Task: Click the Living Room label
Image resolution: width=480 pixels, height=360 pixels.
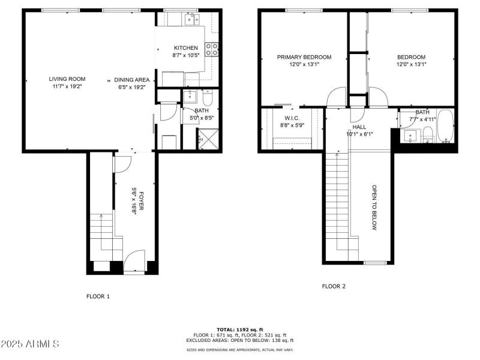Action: click(67, 79)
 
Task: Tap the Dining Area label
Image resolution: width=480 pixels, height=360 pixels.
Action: click(132, 79)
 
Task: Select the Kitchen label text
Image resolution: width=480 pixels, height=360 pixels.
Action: click(185, 48)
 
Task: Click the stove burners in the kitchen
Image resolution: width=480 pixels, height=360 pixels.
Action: click(211, 49)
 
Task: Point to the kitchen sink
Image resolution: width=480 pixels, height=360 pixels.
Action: click(193, 20)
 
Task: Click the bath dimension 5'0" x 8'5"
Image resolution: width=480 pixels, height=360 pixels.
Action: click(202, 118)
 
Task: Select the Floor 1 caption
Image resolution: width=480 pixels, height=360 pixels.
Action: click(98, 296)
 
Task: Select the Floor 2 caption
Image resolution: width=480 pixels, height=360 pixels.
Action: click(334, 287)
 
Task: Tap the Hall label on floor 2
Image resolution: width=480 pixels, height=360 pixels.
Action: click(359, 127)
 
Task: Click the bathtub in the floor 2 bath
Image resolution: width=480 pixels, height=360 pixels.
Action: click(446, 128)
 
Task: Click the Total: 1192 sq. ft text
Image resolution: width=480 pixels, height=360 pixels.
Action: click(239, 330)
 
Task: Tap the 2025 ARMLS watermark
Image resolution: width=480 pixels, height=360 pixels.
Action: click(30, 344)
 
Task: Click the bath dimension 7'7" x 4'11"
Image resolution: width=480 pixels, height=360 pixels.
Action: click(422, 119)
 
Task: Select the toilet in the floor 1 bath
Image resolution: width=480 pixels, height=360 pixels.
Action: click(207, 97)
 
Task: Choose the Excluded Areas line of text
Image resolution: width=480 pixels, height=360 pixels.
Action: click(239, 340)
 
